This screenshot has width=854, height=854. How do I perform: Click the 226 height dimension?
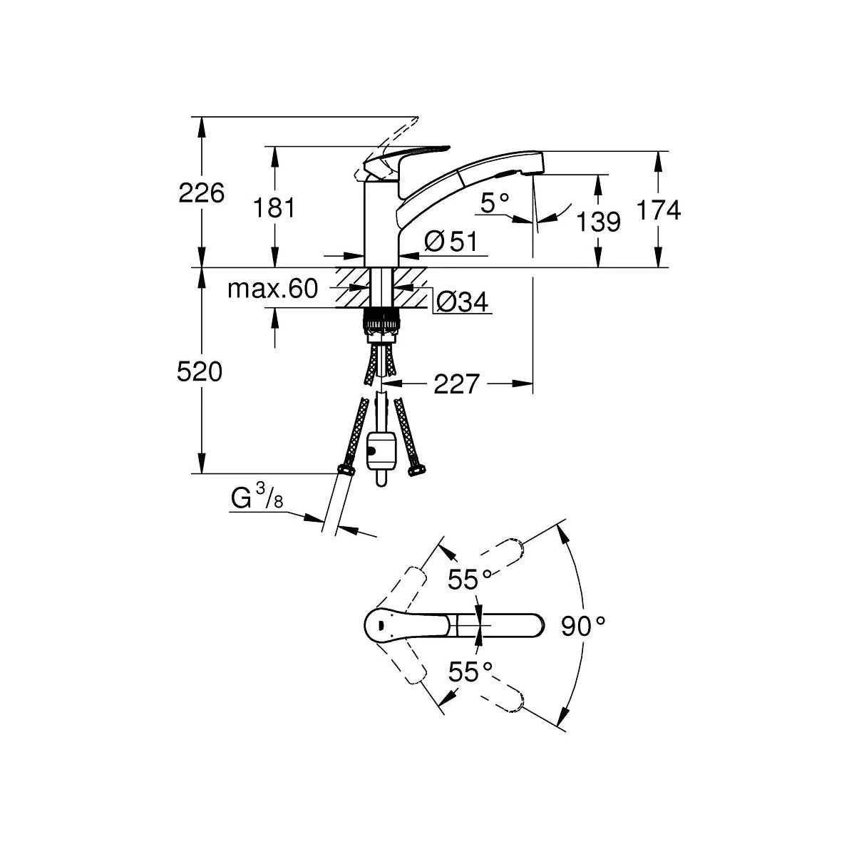point(202,192)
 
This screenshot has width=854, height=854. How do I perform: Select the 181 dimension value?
point(274,207)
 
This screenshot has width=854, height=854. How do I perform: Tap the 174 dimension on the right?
point(659,210)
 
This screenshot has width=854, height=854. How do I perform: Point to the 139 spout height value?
point(599,222)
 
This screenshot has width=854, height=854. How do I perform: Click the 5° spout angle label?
point(495,203)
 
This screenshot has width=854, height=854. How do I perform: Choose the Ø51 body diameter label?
point(451,241)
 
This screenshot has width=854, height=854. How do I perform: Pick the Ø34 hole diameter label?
point(463,302)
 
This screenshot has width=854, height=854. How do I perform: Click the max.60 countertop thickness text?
point(273,289)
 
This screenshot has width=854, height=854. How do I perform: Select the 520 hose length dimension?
point(200,372)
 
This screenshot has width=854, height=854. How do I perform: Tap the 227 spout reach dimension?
point(456,384)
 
